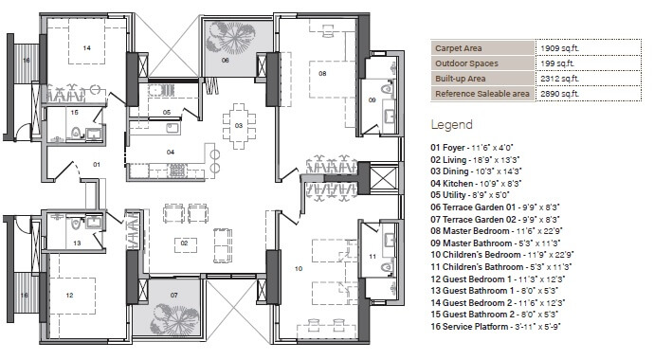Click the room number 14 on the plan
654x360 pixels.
coord(86,46)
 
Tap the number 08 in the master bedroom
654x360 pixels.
coord(322,73)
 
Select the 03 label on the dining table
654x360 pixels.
coord(239,125)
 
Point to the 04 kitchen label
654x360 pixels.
coord(171,152)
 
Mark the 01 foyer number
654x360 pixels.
coord(96,164)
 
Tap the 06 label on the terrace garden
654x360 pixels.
coord(226,60)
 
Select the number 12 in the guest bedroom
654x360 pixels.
coord(68,295)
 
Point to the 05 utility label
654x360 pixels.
coord(166,112)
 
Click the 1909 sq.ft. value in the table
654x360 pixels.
coord(558,47)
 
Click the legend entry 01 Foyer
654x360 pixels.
coord(471,148)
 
